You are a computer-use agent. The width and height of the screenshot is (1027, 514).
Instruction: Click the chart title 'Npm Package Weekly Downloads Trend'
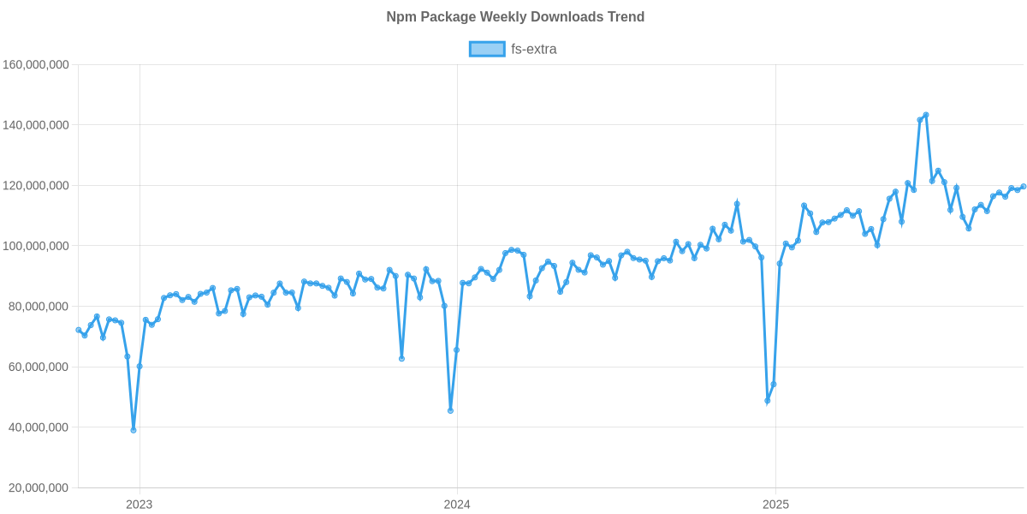(x=515, y=17)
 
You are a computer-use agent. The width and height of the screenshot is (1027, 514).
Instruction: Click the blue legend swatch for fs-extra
(x=486, y=49)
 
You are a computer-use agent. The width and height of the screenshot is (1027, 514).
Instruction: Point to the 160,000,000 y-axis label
(x=36, y=65)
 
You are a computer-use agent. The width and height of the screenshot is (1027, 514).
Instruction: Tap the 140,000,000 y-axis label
(x=36, y=126)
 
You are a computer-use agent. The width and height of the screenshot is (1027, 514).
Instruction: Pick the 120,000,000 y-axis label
(x=36, y=186)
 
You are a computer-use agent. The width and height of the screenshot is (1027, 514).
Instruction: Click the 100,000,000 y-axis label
(x=36, y=247)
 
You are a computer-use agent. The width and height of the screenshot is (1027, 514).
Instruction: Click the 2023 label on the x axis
(x=139, y=504)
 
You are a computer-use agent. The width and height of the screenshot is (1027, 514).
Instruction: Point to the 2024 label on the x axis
(x=457, y=504)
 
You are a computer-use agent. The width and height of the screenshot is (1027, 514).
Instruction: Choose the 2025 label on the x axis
(x=775, y=504)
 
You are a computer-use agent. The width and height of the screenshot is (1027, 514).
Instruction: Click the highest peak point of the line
(x=926, y=115)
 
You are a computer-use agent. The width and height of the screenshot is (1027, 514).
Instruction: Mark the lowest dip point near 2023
(x=134, y=430)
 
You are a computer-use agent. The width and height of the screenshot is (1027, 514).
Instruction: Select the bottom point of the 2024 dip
(x=450, y=410)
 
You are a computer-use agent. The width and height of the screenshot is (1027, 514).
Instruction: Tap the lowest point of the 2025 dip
(x=768, y=401)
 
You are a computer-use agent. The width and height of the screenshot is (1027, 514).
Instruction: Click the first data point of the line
(x=78, y=330)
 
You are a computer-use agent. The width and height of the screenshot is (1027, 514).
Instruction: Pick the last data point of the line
(x=1024, y=187)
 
